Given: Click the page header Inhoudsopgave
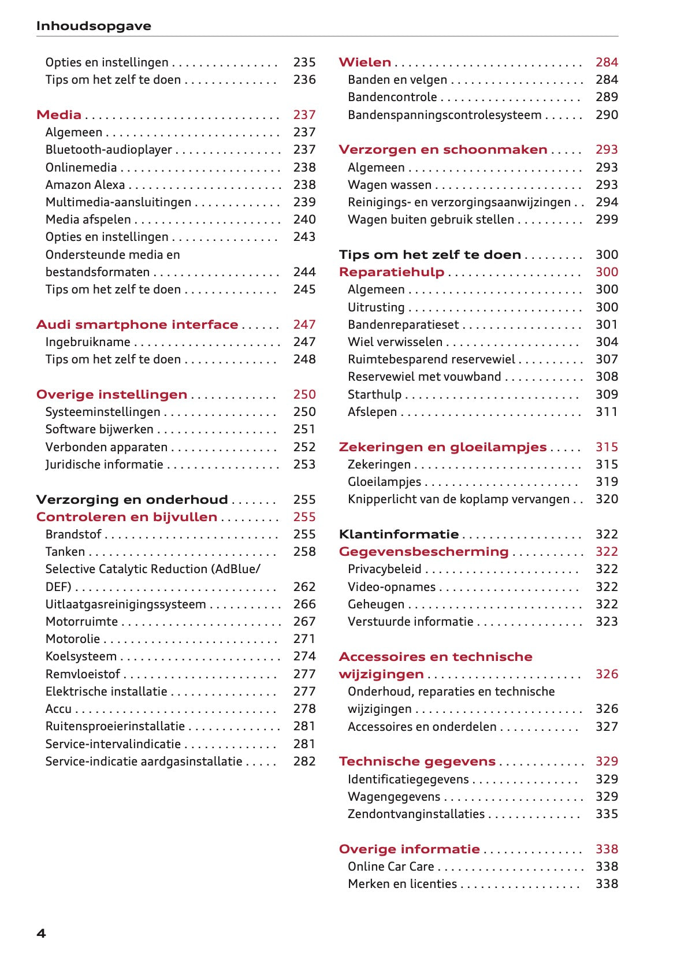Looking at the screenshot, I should point(94,26).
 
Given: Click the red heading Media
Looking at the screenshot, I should point(58,115).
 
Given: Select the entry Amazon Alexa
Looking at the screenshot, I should point(85,185).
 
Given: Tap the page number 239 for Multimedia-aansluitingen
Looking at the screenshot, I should point(304,202).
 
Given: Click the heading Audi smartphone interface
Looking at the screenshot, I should point(137,325).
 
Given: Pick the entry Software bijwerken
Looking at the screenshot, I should point(99,429).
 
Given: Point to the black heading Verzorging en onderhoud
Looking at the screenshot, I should point(132,500).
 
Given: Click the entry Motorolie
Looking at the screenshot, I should point(73,639).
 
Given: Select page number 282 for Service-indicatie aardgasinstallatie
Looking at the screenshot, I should point(304,761).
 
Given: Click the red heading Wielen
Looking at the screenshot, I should point(365,62).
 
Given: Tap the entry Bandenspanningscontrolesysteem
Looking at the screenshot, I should point(444,115).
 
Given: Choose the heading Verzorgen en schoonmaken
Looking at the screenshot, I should point(443,150).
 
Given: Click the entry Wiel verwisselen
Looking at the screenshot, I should point(395,342).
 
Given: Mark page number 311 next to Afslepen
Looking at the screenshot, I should point(607,412).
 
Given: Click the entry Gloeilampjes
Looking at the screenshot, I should point(384,482).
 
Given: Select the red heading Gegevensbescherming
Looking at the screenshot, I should point(423,552).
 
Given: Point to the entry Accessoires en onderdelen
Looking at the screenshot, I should point(422,727).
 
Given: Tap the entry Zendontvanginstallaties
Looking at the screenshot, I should point(416,814).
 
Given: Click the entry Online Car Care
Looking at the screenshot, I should point(391,867).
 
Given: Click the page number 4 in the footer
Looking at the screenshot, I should point(41,933).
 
